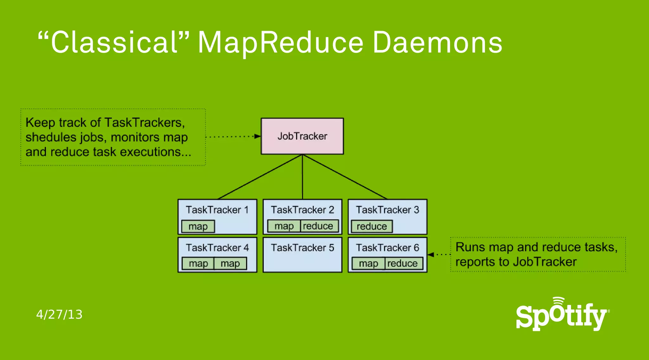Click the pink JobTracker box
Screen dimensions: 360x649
tap(302, 136)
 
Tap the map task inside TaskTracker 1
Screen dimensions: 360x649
tap(198, 227)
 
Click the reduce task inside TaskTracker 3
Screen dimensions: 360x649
tap(372, 226)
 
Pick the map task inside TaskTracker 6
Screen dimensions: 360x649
tap(369, 263)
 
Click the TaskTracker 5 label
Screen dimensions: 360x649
tap(302, 248)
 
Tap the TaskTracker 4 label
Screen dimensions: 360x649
tap(217, 248)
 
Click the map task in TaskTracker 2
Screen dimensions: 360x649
tap(284, 226)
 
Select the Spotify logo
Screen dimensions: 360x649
tap(562, 315)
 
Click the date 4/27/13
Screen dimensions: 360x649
tap(59, 314)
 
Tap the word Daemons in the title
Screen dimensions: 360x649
tap(437, 42)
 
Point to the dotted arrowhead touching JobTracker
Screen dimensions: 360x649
tap(257, 136)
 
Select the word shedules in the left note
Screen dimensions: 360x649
tap(51, 138)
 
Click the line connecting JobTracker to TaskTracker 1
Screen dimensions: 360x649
tap(260, 177)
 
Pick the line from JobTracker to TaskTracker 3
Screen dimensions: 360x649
tap(345, 177)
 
